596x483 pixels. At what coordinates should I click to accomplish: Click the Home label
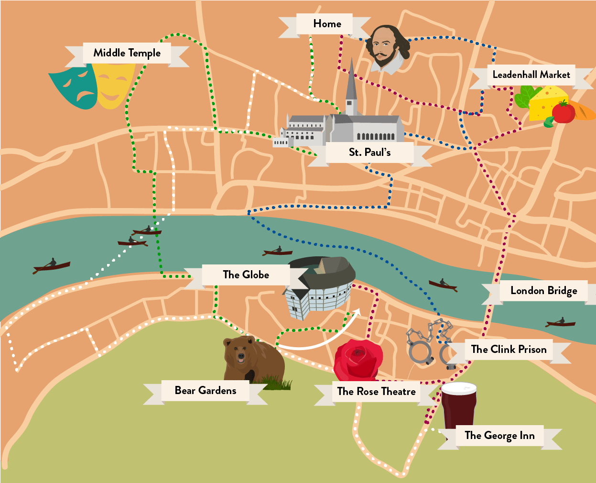coord(327,24)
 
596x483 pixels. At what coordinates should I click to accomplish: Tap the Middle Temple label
coord(127,53)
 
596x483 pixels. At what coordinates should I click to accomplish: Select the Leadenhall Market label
coord(531,75)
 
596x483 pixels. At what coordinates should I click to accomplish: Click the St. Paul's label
coord(369,153)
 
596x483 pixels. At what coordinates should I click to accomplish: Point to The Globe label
coord(246,275)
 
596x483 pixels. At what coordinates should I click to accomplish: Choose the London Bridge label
coord(543,291)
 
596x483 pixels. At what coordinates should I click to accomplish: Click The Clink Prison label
coord(509,350)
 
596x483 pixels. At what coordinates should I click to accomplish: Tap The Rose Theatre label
coord(376,392)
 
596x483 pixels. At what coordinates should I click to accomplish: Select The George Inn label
coord(499,436)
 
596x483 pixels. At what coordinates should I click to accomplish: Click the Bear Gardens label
coord(206,391)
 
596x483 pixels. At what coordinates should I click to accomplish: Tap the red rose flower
coord(358,359)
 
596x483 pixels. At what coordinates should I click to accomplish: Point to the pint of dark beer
coord(458,406)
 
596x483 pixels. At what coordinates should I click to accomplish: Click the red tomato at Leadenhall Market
coord(563,113)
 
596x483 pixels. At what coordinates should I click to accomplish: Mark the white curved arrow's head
coord(356,312)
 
